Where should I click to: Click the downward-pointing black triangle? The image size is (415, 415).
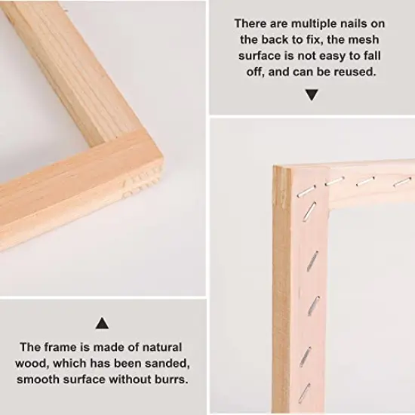click(x=312, y=95)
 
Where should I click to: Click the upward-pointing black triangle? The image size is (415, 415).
click(x=102, y=323)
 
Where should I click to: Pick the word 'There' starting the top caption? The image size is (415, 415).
click(x=251, y=24)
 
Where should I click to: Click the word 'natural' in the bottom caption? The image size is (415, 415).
click(x=162, y=347)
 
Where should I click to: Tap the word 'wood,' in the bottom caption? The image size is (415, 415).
click(x=32, y=364)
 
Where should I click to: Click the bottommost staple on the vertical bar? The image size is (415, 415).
click(x=304, y=393)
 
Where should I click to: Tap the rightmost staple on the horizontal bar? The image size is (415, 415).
click(x=401, y=182)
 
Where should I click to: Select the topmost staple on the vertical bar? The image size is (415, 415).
click(x=306, y=191)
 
